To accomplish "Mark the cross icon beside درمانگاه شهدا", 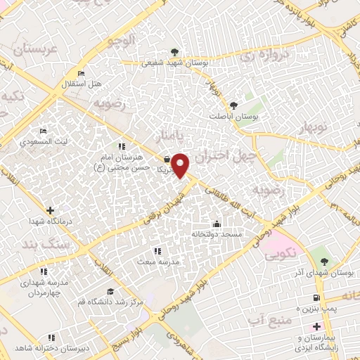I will tap(51, 210).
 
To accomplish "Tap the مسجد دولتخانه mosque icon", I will tap(216, 224).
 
